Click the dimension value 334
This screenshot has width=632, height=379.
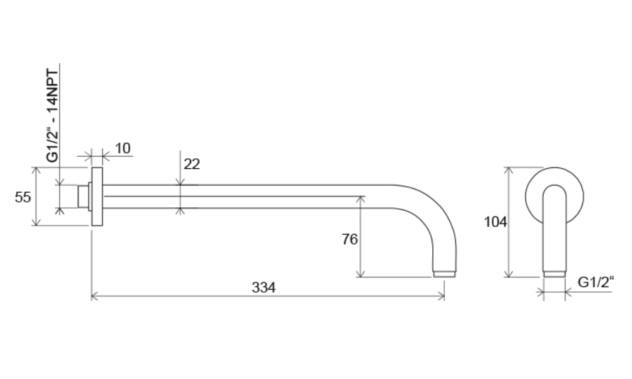[x=263, y=287]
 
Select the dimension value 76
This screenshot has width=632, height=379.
[x=350, y=239]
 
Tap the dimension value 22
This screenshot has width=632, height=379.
[x=191, y=164]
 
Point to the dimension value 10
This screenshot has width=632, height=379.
[x=123, y=149]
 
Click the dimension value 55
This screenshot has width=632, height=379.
[x=22, y=197]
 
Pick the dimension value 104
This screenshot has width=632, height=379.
[x=495, y=222]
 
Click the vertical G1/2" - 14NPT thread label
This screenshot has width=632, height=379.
[x=53, y=116]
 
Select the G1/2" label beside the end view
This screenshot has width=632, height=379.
[x=596, y=282]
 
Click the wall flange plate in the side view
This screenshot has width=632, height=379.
[x=97, y=196]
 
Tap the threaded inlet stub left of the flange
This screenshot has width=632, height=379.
[x=83, y=197]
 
